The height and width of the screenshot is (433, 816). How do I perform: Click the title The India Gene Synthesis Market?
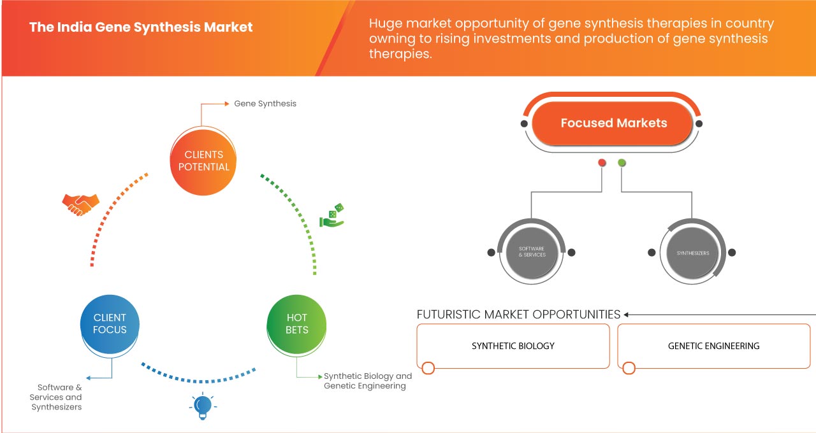point(141,27)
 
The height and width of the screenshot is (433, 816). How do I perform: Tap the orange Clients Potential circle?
point(204,160)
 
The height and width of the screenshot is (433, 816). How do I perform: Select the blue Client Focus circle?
point(110,323)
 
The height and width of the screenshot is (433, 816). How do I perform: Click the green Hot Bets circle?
point(297,323)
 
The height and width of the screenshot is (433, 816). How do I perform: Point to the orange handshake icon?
point(80,204)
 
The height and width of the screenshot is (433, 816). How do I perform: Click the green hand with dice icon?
point(331,216)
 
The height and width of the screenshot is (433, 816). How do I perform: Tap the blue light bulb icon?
point(203,406)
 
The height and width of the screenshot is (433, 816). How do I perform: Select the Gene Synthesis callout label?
point(265,103)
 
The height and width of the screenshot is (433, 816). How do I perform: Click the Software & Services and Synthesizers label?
point(59,397)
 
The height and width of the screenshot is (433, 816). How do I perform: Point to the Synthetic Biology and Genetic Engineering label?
point(368,381)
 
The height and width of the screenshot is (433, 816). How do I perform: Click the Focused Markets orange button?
point(613,123)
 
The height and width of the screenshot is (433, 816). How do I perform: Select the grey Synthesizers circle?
point(692,253)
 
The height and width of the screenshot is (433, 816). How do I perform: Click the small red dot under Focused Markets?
point(602,163)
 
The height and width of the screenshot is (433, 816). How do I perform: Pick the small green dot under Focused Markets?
point(622,163)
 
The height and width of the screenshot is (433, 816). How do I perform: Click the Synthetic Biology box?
point(513,346)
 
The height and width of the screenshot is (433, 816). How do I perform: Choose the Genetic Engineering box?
point(713,346)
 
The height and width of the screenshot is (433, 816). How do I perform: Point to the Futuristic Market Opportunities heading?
point(518,315)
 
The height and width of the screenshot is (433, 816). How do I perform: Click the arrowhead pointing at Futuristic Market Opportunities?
point(627,315)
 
